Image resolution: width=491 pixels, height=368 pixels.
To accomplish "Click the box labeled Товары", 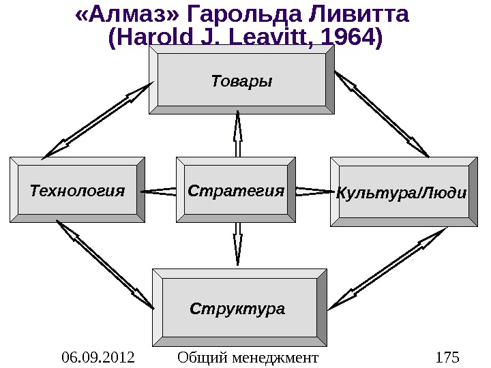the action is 241,81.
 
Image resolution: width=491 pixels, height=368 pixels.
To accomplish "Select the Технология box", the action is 77,190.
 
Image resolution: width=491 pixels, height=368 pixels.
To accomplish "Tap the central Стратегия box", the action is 236,190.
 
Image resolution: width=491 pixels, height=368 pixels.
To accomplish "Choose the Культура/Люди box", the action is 402,192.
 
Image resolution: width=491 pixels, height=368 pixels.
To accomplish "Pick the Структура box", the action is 238,309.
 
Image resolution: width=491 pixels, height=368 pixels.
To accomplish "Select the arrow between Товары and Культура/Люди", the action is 382,112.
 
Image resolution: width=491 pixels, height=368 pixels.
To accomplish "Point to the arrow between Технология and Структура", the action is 104,264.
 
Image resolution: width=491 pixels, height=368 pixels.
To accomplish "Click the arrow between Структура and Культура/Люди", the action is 387,267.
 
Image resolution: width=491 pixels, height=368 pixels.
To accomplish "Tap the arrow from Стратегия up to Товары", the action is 238,134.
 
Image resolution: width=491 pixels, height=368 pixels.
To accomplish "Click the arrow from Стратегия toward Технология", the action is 160,191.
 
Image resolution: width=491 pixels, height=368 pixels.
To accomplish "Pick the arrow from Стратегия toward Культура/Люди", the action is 314,191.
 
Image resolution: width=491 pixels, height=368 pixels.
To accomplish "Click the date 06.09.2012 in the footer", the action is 98,357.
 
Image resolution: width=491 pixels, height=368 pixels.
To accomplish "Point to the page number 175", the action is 447,357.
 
